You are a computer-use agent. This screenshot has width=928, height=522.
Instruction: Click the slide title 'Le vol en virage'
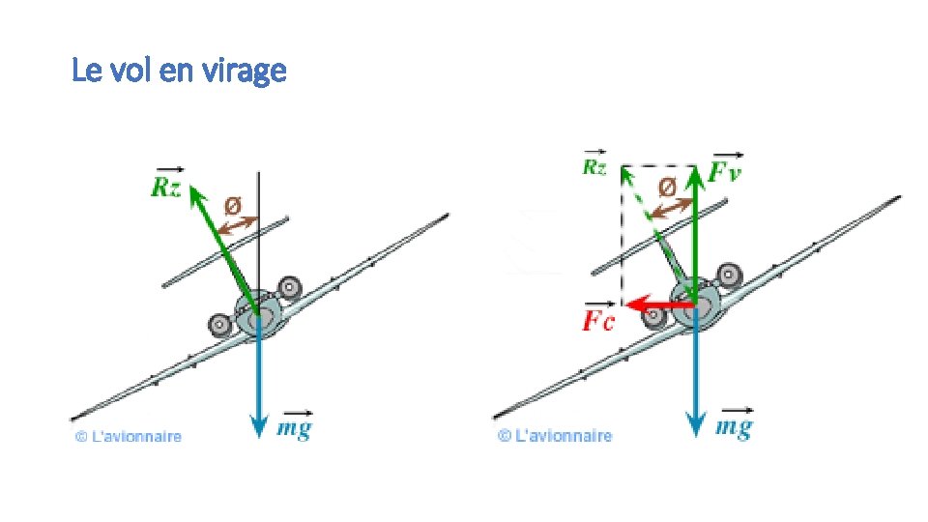coord(179,71)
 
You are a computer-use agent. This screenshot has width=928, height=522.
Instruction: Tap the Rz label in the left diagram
coord(165,186)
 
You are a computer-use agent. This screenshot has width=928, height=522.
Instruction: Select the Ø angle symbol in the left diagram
coord(233,205)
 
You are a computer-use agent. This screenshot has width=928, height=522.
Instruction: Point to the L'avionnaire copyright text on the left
coord(129,437)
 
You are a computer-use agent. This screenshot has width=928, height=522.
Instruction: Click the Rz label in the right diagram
coord(594,166)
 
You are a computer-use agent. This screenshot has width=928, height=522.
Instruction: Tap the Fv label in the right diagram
coord(727,174)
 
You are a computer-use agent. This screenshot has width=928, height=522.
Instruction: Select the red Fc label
coord(597,321)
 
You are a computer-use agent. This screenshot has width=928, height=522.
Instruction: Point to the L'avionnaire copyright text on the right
coord(555,436)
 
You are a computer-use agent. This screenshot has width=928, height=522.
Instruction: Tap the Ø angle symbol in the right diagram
coord(667,187)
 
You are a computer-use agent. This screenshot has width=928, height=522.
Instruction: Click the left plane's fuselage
coord(258,316)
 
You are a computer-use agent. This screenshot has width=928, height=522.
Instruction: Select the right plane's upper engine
coord(727,278)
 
